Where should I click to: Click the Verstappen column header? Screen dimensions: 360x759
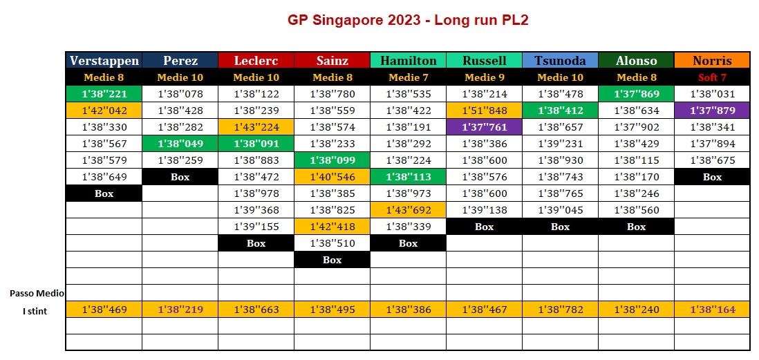pos(104,61)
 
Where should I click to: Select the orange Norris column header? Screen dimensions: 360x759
pos(712,61)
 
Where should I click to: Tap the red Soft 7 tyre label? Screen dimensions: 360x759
pos(712,77)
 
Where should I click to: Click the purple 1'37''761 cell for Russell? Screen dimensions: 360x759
pos(484,127)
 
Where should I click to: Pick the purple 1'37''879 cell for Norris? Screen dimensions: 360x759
pos(712,111)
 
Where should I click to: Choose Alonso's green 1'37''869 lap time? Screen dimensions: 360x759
pos(636,94)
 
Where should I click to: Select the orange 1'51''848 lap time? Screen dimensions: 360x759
pos(484,111)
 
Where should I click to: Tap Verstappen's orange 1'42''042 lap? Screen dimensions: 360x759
pos(104,111)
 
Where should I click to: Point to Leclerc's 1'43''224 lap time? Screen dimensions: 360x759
pos(256,127)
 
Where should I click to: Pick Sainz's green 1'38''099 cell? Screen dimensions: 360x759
pos(332,160)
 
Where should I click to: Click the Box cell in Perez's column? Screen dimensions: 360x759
pos(180,177)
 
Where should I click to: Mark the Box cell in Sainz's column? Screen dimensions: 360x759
pos(332,260)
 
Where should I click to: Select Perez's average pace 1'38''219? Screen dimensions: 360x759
pos(180,310)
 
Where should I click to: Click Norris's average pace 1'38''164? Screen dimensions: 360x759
pos(712,310)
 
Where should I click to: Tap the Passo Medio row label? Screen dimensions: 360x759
pos(37,293)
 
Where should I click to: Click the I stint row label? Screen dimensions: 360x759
pos(35,311)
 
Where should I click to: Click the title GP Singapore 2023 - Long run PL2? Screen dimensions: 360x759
pos(408,20)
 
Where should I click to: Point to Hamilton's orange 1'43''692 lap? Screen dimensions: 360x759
pos(408,210)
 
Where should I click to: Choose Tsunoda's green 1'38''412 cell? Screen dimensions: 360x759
pos(560,111)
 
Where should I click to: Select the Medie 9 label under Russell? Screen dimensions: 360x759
pos(484,77)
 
